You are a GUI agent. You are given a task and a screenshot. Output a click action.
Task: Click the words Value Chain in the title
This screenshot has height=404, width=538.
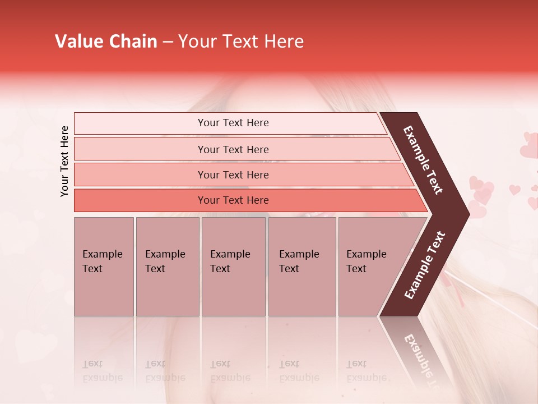coord(106,42)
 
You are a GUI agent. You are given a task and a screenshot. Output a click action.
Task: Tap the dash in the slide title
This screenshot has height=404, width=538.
coord(168,42)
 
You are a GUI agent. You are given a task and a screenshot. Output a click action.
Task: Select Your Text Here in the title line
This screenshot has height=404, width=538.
coord(241,42)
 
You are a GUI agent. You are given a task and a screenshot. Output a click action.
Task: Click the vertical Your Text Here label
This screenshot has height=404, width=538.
coord(64,161)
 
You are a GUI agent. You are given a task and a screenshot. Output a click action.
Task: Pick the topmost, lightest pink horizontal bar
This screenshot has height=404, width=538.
coord(233,123)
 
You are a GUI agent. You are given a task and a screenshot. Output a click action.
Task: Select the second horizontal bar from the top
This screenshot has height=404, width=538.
coord(233,149)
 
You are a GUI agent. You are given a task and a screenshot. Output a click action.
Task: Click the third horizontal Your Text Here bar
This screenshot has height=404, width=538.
coord(233,175)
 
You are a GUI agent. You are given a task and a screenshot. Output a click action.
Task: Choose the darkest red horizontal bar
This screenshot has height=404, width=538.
coord(233,200)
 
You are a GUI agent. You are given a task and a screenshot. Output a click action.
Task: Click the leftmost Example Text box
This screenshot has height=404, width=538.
coord(104,267)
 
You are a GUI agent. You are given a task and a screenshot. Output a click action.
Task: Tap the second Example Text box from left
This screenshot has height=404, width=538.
coord(167,267)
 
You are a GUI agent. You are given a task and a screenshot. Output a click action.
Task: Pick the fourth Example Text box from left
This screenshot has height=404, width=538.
coord(302,267)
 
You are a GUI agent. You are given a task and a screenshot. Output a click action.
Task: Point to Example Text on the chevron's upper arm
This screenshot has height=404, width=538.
coord(424,160)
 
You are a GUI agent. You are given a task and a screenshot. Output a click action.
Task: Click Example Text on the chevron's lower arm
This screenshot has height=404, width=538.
coord(425,265)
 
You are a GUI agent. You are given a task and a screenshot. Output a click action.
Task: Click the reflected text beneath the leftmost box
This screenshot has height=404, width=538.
coord(103,370)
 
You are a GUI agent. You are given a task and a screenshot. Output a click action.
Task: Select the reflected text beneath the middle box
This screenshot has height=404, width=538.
coord(230,370)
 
